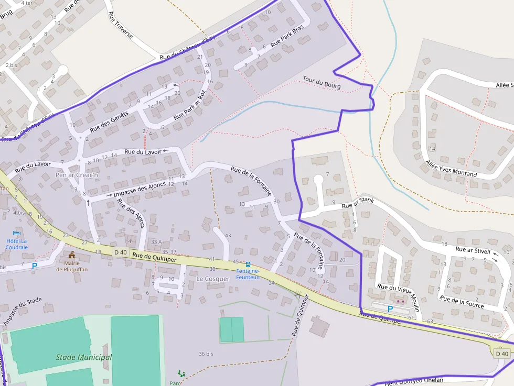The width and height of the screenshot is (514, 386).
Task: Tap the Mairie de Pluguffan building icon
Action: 72,255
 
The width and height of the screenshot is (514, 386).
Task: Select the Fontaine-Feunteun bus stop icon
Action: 248,264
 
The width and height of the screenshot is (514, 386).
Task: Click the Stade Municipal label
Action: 84,357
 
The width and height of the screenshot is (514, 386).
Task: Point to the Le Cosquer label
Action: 213,279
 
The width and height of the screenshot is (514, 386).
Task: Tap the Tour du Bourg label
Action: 322,82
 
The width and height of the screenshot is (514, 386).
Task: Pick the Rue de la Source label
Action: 462,302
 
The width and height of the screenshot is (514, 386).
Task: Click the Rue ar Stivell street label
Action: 473,250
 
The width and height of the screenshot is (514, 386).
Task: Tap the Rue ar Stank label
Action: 358,202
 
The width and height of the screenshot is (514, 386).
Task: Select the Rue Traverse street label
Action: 120,26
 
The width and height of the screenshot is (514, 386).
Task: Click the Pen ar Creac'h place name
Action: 77,175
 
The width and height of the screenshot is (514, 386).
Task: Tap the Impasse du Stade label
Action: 22,311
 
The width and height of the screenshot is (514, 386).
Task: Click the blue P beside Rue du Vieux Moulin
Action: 390,310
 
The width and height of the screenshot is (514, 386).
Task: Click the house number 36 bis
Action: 206,354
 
